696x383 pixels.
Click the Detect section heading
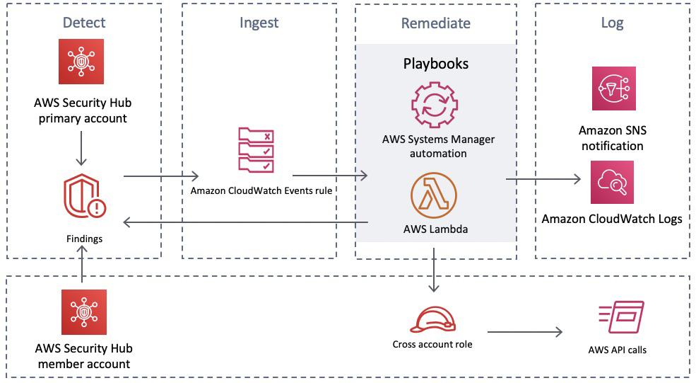tap(83, 22)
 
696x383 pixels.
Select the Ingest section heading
tap(259, 23)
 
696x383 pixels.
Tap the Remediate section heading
tap(435, 23)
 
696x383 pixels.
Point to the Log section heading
tap(612, 23)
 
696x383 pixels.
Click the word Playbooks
tap(435, 64)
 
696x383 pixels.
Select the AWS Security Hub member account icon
tap(83, 311)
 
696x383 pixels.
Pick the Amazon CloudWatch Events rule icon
tap(256, 149)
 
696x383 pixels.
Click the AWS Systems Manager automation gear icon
tap(435, 105)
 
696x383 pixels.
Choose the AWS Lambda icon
tap(435, 193)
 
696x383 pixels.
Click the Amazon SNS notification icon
tap(613, 88)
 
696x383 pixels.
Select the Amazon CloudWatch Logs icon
tap(612, 182)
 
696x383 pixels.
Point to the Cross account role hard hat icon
tap(432, 321)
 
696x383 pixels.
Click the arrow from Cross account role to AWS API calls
tap(525, 331)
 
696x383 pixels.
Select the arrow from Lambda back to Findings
tap(246, 223)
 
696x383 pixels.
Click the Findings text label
tap(83, 239)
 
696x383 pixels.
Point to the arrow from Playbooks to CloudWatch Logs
tap(548, 180)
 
